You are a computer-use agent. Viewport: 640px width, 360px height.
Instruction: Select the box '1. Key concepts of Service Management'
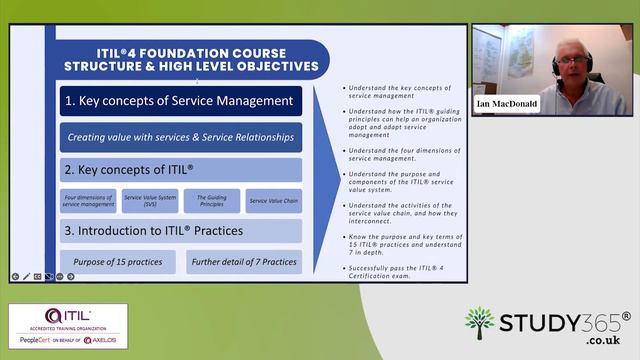pos(179,101)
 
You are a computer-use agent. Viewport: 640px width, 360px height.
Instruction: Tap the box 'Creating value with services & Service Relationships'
pos(179,136)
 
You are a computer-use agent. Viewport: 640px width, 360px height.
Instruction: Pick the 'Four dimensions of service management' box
pos(88,201)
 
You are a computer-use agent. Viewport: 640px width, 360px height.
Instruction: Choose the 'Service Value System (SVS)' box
pos(150,201)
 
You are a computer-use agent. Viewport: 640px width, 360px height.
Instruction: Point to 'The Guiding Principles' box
pos(211,201)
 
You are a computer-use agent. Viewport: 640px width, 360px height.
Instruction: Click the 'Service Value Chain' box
pos(273,201)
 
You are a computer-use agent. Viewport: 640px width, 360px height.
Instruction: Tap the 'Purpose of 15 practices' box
pos(117,262)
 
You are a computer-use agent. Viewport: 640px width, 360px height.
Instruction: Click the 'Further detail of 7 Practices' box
pos(244,262)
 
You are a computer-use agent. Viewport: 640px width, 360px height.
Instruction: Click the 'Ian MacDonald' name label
pos(506,103)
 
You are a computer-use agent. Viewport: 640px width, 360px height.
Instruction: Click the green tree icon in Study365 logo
pos(480,324)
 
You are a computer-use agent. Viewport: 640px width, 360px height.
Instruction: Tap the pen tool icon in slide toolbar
pos(26,275)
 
